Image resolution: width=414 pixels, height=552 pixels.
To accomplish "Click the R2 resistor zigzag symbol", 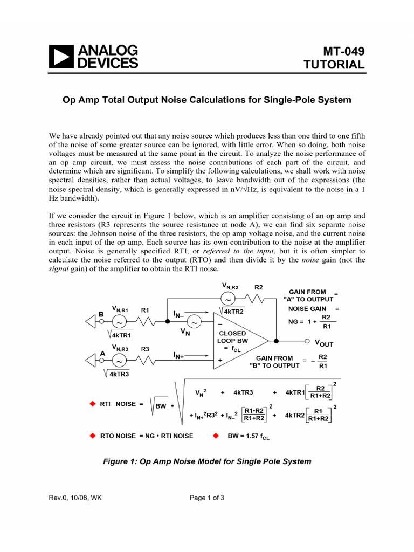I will point(254,298).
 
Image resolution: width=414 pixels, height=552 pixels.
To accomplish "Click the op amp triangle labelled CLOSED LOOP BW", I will point(237,341).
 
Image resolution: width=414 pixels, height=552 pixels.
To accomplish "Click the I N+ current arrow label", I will point(180,356).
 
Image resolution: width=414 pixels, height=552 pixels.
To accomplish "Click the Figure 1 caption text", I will point(207,461).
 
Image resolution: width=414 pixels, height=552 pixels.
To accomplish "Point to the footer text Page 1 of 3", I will point(207,498).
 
